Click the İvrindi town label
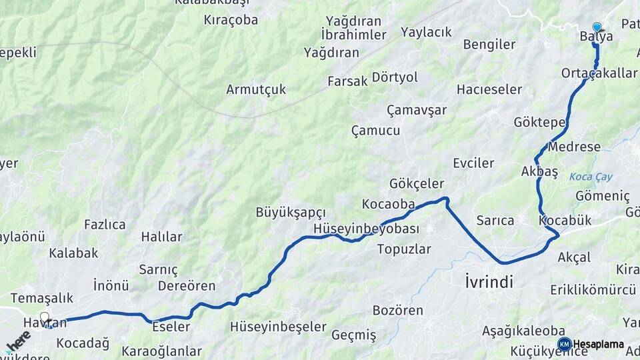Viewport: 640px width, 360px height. click(489, 282)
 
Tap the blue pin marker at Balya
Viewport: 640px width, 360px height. click(597, 28)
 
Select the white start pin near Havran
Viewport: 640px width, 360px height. click(45, 317)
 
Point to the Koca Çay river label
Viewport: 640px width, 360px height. click(591, 177)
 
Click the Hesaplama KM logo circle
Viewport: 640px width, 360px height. click(564, 344)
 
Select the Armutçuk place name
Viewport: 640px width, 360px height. click(256, 89)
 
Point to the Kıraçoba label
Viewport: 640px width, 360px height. click(231, 20)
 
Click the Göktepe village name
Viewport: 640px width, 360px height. click(539, 122)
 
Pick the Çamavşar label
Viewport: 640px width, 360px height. click(417, 110)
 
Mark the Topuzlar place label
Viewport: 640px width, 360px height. click(404, 249)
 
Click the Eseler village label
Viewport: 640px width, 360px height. click(171, 327)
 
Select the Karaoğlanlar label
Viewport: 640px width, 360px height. click(161, 351)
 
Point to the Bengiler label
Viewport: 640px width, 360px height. click(489, 45)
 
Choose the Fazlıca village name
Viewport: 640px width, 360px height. click(105, 225)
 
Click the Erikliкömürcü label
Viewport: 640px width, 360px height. click(593, 290)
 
